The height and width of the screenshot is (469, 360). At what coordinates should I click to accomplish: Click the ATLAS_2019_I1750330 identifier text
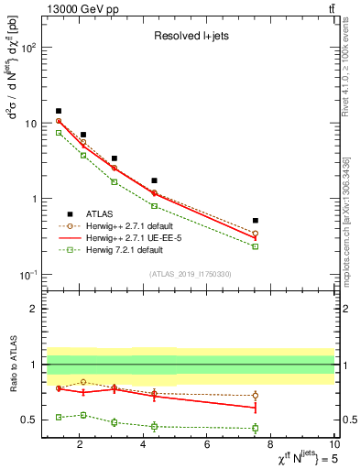190,273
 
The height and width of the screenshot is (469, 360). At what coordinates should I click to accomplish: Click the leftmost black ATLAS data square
59,111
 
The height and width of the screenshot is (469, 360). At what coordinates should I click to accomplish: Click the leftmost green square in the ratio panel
59,417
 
